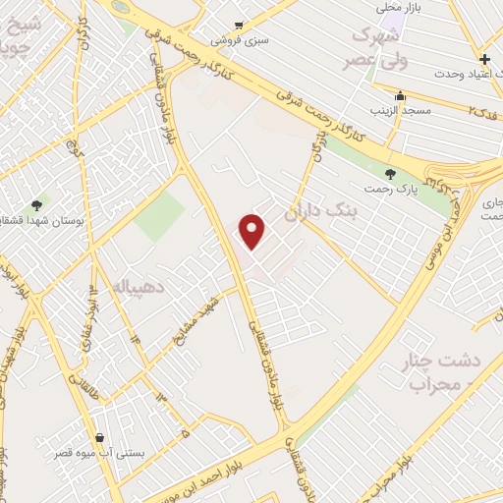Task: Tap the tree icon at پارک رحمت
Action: click(x=391, y=174)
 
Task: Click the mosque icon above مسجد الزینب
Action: click(x=400, y=96)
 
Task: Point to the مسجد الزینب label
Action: click(x=400, y=111)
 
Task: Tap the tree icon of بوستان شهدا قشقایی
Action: click(x=37, y=205)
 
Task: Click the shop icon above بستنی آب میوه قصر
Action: click(x=99, y=438)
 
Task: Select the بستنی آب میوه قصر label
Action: click(x=99, y=455)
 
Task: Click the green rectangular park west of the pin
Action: click(x=159, y=217)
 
